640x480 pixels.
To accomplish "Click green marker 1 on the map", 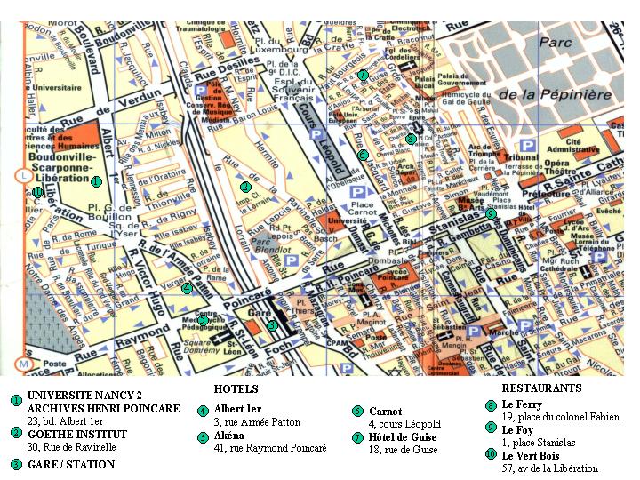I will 96,180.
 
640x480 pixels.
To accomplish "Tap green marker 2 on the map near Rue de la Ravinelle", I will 244,187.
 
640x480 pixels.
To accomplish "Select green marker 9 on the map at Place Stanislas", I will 491,213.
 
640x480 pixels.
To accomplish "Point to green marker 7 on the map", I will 363,75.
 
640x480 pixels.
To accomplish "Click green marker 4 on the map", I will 187,287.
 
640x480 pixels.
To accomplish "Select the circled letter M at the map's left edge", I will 24,364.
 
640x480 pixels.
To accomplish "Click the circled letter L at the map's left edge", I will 23,176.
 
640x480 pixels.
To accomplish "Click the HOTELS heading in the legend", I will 236,389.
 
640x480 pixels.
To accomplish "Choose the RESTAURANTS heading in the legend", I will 541,388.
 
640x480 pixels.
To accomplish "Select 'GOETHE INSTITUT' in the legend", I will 76,434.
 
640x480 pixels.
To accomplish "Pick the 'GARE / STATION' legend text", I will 71,464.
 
